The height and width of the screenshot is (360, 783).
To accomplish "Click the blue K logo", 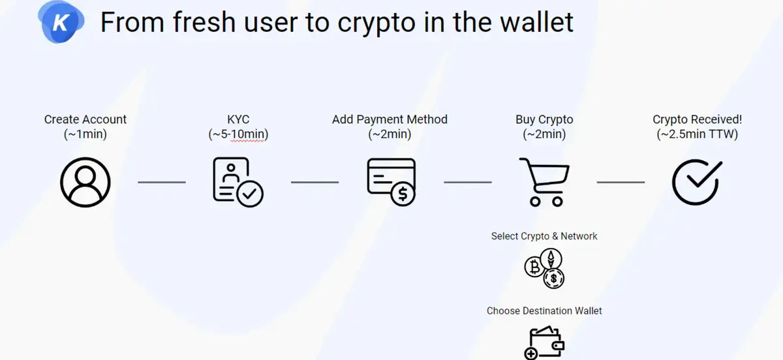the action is click(x=61, y=22).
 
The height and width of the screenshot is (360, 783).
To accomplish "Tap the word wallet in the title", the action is click(x=537, y=22).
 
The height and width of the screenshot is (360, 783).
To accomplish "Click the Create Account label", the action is click(x=85, y=119).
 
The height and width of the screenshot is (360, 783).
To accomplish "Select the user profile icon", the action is click(x=85, y=182).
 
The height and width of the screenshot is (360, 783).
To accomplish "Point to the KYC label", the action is click(x=238, y=119).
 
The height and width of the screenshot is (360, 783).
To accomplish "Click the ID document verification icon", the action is click(x=238, y=182).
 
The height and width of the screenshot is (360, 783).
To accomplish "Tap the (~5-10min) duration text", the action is click(x=238, y=134).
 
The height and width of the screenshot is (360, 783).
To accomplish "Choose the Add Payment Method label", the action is click(x=390, y=119).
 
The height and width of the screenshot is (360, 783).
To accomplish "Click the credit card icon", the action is click(x=391, y=182).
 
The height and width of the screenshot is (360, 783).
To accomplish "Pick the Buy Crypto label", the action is click(x=544, y=120).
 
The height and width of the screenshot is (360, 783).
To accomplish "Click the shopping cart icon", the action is click(x=544, y=182).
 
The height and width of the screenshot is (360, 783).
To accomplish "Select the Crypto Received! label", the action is click(x=698, y=120).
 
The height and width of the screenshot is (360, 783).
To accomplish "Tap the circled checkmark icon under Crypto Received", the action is click(x=698, y=182).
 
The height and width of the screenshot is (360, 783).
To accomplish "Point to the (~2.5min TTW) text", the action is click(x=698, y=134).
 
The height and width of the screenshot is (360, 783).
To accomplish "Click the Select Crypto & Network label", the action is click(x=544, y=236).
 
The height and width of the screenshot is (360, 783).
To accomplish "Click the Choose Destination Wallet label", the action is click(x=544, y=310).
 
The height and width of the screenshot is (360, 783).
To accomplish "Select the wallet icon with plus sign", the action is click(x=544, y=343).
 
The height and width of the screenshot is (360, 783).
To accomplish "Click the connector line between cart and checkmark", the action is click(x=621, y=182).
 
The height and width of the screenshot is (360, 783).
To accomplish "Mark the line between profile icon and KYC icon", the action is click(x=162, y=182).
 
